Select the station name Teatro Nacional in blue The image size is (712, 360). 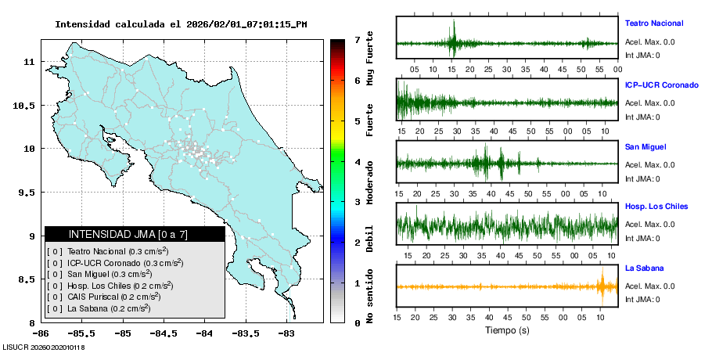click(653, 23)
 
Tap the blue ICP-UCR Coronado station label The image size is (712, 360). click(661, 85)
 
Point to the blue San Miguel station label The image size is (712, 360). click(645, 146)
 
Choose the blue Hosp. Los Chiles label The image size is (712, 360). click(656, 207)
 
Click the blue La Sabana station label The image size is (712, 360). click(643, 268)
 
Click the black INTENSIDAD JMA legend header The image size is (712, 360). click(135, 234)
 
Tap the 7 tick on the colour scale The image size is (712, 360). click(356, 39)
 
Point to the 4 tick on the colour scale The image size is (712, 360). click(356, 162)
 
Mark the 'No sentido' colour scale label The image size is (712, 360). click(370, 296)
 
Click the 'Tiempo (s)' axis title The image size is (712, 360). click(507, 331)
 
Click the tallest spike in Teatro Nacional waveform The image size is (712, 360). click(452, 35)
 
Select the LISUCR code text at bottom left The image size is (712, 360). click(44, 347)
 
